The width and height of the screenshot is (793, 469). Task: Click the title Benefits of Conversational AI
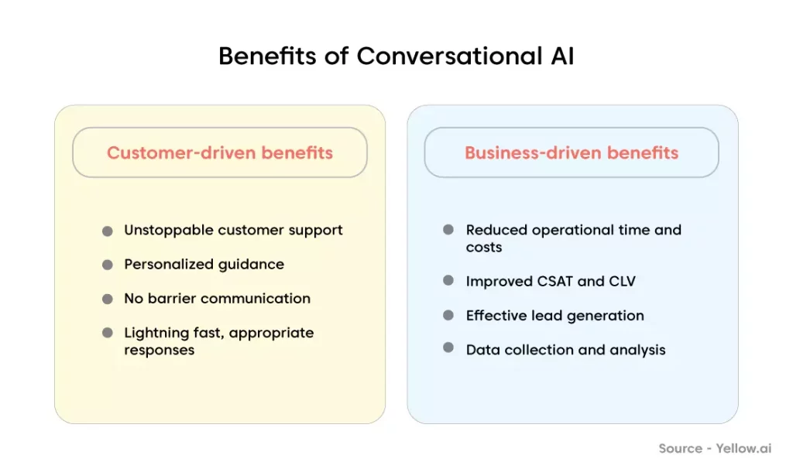pyautogui.click(x=396, y=56)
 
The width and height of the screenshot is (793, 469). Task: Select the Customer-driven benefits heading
pyautogui.click(x=220, y=152)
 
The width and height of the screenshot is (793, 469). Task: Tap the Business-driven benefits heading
pyautogui.click(x=572, y=152)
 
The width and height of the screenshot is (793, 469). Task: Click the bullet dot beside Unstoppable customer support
pyautogui.click(x=107, y=231)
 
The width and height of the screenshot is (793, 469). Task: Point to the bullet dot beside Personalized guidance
pyautogui.click(x=107, y=265)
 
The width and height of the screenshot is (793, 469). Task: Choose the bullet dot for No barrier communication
pyautogui.click(x=107, y=299)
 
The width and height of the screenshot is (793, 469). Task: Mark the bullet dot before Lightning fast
pyautogui.click(x=107, y=333)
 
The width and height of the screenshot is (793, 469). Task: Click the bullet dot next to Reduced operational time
pyautogui.click(x=448, y=229)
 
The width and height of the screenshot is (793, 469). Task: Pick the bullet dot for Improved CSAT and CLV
pyautogui.click(x=448, y=280)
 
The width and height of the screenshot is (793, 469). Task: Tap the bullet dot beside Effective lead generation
pyautogui.click(x=448, y=315)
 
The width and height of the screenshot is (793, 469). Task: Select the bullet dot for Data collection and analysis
pyautogui.click(x=448, y=347)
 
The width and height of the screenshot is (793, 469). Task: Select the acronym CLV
pyautogui.click(x=622, y=281)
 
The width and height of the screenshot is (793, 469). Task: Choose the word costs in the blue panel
pyautogui.click(x=484, y=248)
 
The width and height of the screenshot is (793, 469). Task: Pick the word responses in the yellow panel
pyautogui.click(x=160, y=351)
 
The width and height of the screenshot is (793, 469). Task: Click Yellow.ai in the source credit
pyautogui.click(x=743, y=448)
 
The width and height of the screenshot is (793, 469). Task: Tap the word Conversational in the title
pyautogui.click(x=450, y=56)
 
